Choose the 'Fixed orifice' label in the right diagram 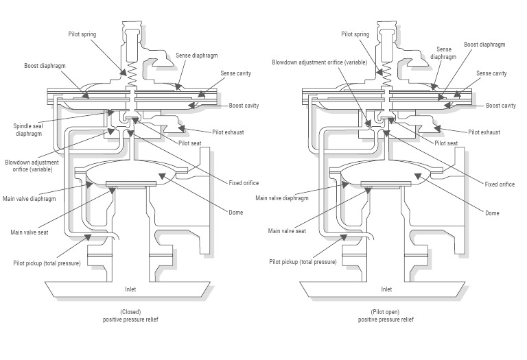click(x=499, y=184)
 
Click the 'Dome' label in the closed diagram click(x=235, y=212)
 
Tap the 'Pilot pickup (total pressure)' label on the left click(x=47, y=263)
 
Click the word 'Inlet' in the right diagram click(x=386, y=289)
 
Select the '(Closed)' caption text click(x=130, y=312)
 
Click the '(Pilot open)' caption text click(x=386, y=312)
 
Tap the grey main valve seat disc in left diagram click(x=132, y=182)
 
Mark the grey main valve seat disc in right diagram click(x=388, y=182)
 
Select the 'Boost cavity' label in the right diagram click(x=501, y=106)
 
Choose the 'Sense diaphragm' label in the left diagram click(x=194, y=53)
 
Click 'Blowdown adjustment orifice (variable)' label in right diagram click(x=318, y=62)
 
